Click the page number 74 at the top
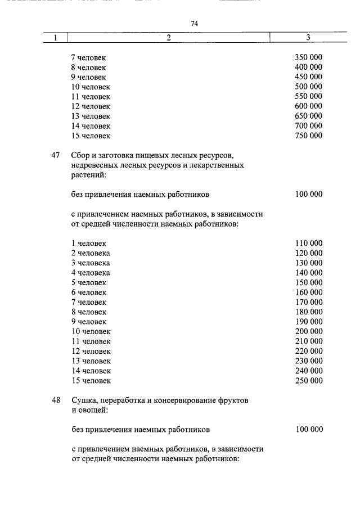tap(195, 24)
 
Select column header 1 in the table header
tap(56, 38)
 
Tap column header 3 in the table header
tap(308, 38)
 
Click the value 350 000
tap(308, 57)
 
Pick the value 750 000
tap(308, 136)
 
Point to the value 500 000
tap(308, 87)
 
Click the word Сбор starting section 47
tap(80, 155)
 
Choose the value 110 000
tap(308, 244)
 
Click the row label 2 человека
tap(91, 253)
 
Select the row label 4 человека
tap(91, 273)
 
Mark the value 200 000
tap(308, 331)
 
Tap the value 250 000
tap(308, 380)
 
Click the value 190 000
tap(308, 322)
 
